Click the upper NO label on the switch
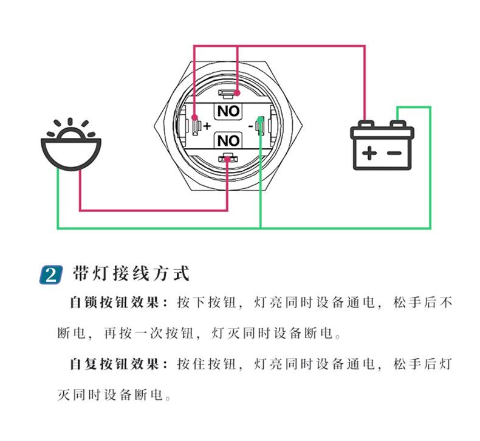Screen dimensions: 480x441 [x=228, y=111]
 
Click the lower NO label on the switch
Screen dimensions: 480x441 [x=228, y=141]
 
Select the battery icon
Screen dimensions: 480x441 [x=382, y=146]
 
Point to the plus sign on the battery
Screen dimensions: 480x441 [x=369, y=152]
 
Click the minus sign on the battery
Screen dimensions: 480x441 [x=394, y=152]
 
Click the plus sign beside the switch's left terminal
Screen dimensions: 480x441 [x=207, y=126]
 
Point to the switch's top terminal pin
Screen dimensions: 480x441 [x=227, y=95]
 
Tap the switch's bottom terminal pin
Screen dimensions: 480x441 [x=228, y=159]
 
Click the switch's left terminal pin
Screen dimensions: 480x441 [x=195, y=126]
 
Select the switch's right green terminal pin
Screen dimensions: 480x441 [x=260, y=126]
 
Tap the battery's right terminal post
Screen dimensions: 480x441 [x=398, y=125]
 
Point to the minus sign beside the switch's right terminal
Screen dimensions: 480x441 [x=251, y=126]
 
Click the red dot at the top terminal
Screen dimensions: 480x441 [x=236, y=94]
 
